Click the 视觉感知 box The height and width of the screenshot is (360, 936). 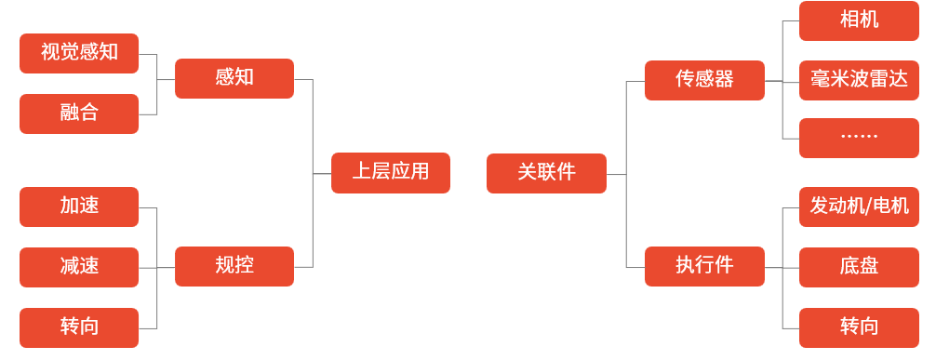click(79, 53)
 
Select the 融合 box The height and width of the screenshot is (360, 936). click(79, 113)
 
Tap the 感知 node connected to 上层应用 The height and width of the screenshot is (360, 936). click(234, 78)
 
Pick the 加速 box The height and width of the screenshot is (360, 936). click(79, 207)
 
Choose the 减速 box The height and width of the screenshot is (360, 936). click(79, 267)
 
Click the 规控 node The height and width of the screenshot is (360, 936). click(234, 266)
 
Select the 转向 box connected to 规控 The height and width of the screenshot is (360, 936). click(79, 327)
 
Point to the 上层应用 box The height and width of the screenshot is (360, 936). click(391, 173)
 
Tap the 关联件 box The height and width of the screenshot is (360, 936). click(546, 173)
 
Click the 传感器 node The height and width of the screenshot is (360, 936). click(704, 80)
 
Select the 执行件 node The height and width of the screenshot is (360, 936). click(704, 266)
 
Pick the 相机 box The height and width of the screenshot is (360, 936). click(859, 20)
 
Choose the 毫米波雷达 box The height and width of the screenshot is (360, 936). click(859, 80)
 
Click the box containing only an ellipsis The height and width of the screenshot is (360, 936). click(859, 138)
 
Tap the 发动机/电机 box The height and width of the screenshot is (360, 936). click(859, 207)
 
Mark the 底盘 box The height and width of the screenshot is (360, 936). click(859, 267)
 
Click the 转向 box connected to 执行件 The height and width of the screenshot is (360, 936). click(859, 327)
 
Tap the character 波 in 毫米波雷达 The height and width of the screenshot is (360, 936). click(859, 80)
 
